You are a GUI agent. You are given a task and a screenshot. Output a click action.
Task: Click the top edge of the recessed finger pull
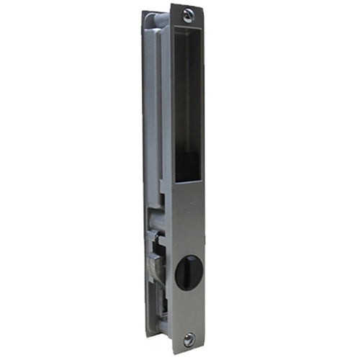pos(189,27)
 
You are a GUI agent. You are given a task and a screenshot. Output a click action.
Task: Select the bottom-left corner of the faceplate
pos(172,353)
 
